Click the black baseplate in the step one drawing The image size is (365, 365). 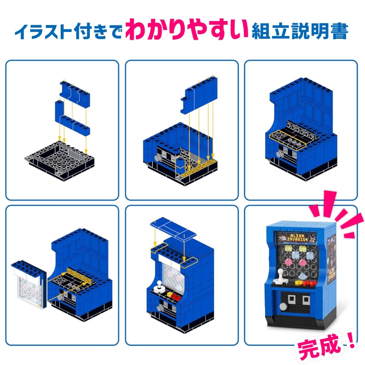coord(59,160)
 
